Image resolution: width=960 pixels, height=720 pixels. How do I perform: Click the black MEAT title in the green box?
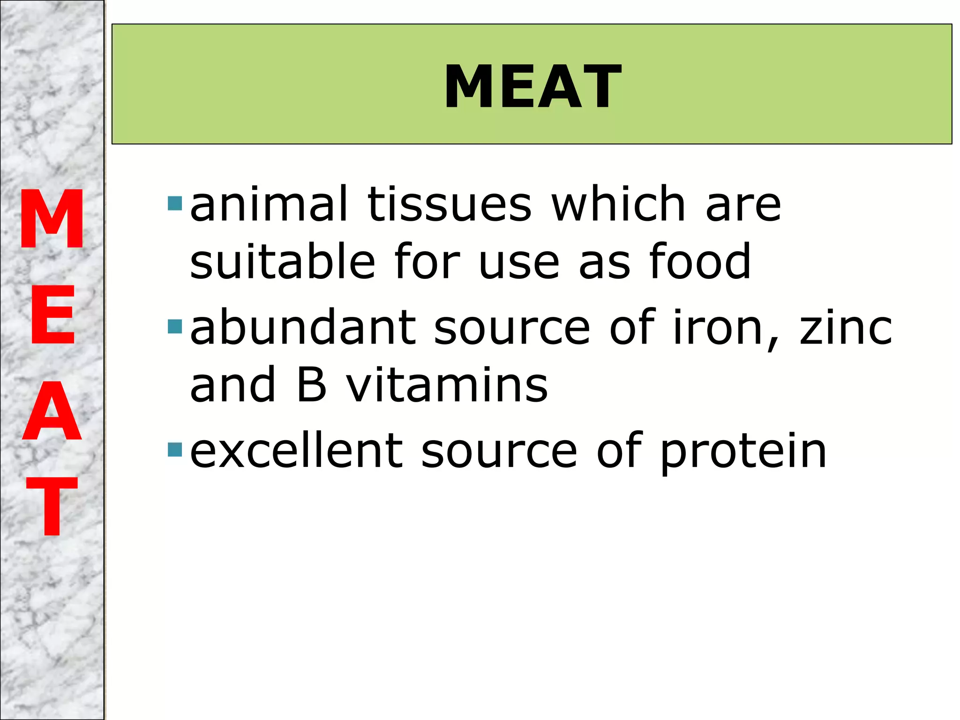point(532,87)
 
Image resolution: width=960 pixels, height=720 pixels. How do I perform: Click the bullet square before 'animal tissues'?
point(174,203)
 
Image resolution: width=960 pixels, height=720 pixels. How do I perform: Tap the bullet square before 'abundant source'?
point(174,327)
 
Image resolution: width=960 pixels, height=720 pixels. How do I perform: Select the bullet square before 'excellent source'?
point(174,450)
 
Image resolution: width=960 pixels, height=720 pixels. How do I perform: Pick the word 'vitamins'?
point(447,384)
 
